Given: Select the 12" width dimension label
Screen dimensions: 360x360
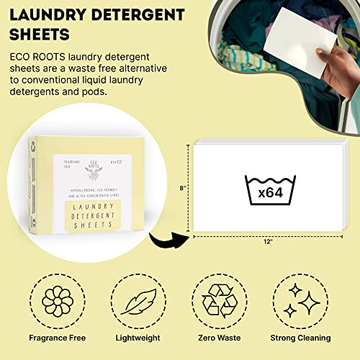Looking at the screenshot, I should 268,242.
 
